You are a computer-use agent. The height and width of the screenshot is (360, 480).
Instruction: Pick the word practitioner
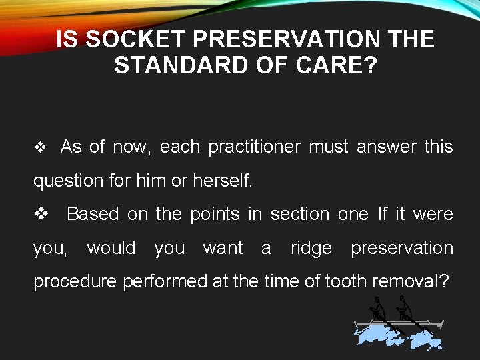pos(254,147)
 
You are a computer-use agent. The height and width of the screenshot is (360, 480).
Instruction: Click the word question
pos(65,181)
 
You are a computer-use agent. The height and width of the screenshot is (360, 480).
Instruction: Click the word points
pos(215,214)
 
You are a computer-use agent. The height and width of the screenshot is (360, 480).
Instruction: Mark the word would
pos(111,248)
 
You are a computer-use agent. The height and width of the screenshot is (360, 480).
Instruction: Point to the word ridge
pos(311,248)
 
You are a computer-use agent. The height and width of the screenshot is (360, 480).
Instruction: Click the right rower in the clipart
pos(404,310)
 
